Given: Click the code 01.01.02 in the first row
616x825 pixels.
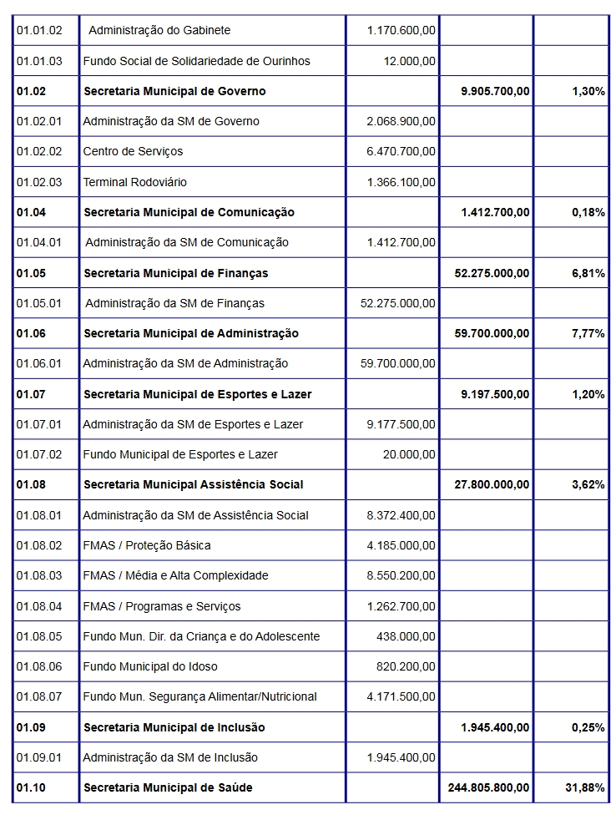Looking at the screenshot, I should pyautogui.click(x=39, y=30).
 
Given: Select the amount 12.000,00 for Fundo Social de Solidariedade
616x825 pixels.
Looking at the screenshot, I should pyautogui.click(x=409, y=61).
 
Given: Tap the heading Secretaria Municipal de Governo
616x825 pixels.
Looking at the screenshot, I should pyautogui.click(x=174, y=91).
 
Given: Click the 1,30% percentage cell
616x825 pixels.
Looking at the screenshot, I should pyautogui.click(x=588, y=91).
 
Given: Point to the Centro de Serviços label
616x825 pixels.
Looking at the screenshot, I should pyautogui.click(x=133, y=151).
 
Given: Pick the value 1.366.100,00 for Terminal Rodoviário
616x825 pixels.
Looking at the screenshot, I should pyautogui.click(x=401, y=182).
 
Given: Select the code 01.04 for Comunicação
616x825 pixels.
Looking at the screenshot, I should pyautogui.click(x=31, y=212).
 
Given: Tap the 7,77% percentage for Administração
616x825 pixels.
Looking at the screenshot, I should pyautogui.click(x=588, y=333).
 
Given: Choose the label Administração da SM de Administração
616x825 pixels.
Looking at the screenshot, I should pyautogui.click(x=185, y=363).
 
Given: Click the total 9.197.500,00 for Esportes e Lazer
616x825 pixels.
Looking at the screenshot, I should pyautogui.click(x=495, y=394).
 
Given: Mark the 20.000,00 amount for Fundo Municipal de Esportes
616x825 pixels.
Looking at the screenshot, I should pyautogui.click(x=409, y=454).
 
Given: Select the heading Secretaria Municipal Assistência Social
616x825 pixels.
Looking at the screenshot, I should pyautogui.click(x=194, y=484).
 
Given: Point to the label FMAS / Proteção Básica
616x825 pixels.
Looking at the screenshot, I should pyautogui.click(x=147, y=545).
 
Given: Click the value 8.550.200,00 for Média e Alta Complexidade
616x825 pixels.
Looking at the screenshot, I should pyautogui.click(x=401, y=575).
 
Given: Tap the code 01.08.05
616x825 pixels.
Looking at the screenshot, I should pyautogui.click(x=39, y=636).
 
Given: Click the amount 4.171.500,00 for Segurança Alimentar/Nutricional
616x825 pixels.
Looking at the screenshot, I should pyautogui.click(x=401, y=696).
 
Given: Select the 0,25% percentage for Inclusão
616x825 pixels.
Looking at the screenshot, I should pyautogui.click(x=588, y=727).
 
